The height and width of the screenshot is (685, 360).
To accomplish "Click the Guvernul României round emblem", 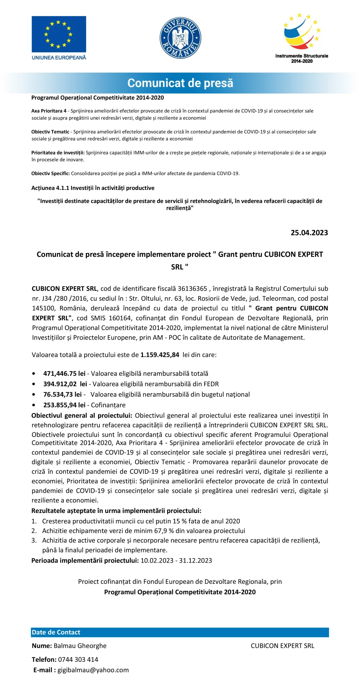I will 180,38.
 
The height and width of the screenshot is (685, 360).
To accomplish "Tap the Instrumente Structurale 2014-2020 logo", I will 302,38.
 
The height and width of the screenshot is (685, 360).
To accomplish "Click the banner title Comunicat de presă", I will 180,83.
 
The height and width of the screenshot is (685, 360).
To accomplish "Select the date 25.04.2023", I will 309,233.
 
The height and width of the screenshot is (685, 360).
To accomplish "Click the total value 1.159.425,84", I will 160,355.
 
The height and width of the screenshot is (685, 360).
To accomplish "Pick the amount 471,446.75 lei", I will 64,374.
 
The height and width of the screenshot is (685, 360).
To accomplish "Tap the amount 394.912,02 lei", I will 65,384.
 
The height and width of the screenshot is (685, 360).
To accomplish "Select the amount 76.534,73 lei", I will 62,395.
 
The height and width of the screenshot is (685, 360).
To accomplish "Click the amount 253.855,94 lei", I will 64,405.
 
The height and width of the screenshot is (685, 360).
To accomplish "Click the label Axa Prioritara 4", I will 49,111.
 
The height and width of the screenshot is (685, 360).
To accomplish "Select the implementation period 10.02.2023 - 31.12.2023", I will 176,561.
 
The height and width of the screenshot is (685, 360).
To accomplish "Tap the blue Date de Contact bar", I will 180,632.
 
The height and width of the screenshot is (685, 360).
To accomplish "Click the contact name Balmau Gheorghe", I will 80,646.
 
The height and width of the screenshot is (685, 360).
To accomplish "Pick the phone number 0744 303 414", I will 78,659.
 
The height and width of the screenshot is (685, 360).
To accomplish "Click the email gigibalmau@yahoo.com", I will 93,670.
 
